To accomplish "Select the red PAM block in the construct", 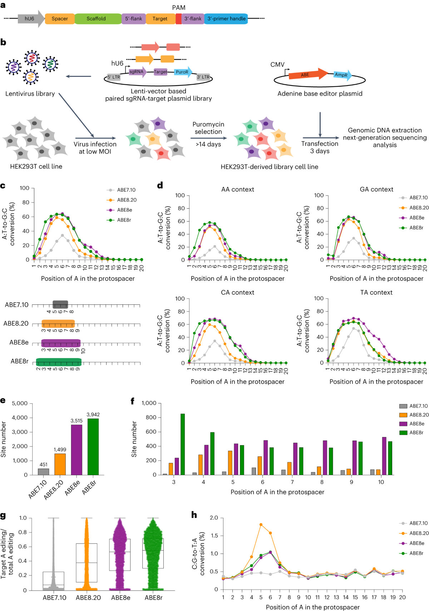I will click(178, 19).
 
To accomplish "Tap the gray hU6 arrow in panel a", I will click(30, 19).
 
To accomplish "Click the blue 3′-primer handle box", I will click(226, 19).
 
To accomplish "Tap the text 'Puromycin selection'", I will click(208, 128).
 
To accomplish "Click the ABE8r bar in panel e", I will click(93, 447).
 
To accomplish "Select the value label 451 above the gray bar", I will click(43, 465).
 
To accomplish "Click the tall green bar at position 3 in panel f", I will click(183, 444).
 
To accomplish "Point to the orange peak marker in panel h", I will click(261, 525).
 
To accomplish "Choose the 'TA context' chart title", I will click(376, 293).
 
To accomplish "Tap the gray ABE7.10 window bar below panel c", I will click(60, 304).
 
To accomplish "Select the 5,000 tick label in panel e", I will click(20, 403).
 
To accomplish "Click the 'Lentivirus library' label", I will click(30, 94).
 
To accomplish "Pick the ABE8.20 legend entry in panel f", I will click(419, 415).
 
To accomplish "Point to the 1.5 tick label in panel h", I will click(214, 536).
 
